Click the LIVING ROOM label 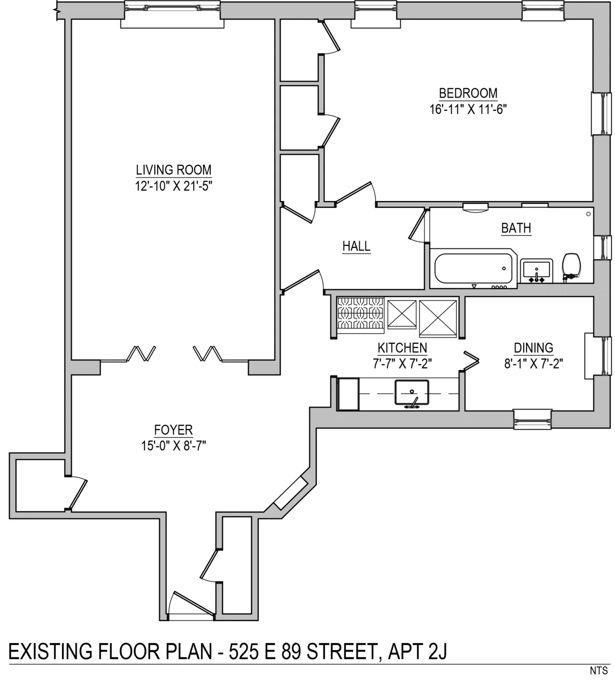coord(173,169)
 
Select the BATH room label coord(516,228)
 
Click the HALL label coord(356,246)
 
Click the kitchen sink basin coord(412,392)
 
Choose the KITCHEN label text coord(402,348)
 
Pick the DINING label coord(534,348)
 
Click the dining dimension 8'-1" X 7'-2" coord(534,364)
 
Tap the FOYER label coord(173,430)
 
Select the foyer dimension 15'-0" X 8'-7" coord(173,445)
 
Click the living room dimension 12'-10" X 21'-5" coord(173,186)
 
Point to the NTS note coord(599,670)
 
